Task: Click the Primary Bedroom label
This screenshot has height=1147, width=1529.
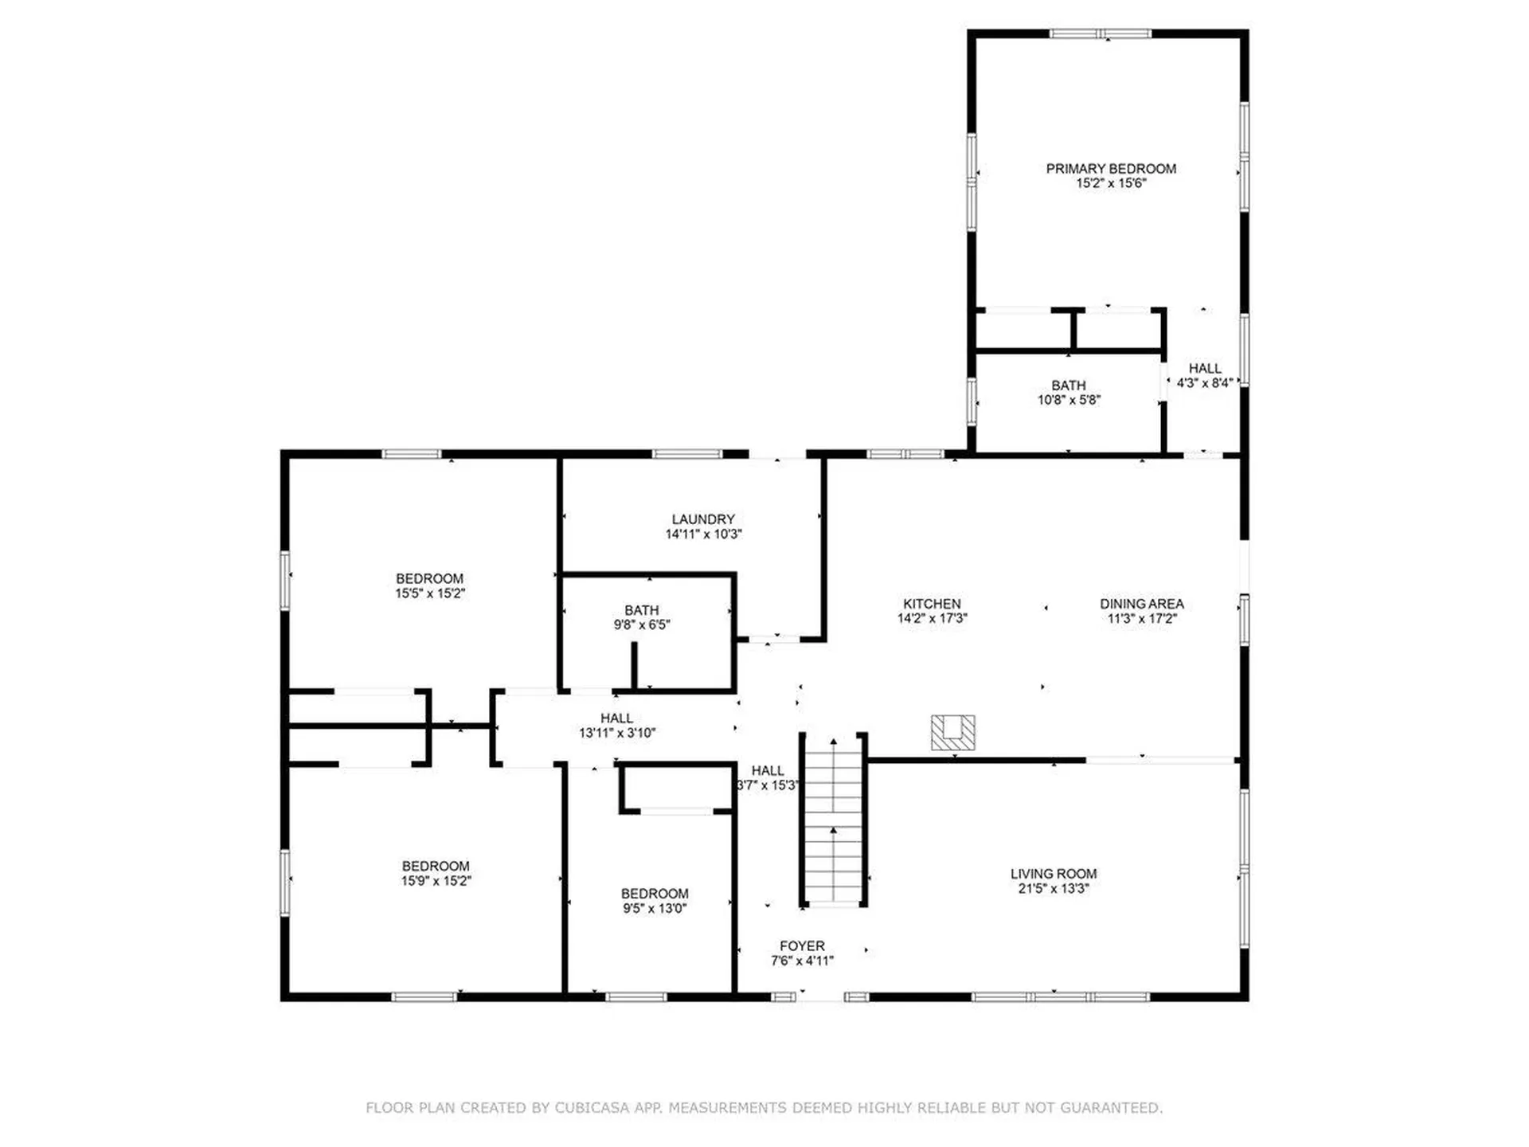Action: tap(1111, 169)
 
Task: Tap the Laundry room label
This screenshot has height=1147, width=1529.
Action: tap(703, 519)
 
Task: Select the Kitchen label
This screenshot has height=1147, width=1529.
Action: tap(932, 604)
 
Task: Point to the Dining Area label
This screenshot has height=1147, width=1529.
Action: tap(1142, 604)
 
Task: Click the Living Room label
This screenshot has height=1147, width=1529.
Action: tap(1054, 874)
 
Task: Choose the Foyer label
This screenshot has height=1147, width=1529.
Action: tap(802, 946)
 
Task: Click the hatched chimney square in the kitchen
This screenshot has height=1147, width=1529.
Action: tap(953, 733)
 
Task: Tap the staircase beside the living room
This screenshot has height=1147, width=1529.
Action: tap(834, 820)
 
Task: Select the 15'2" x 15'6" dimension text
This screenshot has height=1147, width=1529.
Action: tap(1111, 183)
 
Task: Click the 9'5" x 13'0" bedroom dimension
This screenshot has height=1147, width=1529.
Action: tap(655, 909)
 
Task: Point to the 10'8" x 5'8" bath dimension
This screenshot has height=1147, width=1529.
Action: tap(1069, 400)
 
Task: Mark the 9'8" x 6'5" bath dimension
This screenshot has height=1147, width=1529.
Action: tap(642, 625)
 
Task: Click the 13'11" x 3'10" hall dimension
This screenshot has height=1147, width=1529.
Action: tap(617, 733)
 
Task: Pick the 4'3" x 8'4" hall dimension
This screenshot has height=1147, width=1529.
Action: tap(1205, 383)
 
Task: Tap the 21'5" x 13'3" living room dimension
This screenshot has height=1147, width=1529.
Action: tap(1054, 888)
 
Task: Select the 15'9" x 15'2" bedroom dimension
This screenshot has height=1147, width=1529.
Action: tap(436, 881)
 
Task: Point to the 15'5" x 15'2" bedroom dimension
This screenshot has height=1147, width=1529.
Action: tap(430, 593)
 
